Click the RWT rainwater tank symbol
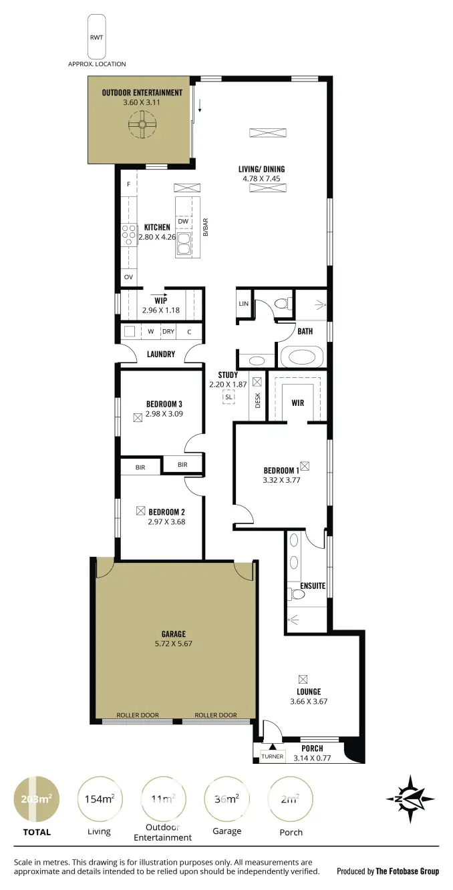pos(96,37)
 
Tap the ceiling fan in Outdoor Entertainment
pos(142,124)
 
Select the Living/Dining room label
pos(262,169)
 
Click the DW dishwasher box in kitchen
pos(183,221)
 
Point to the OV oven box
pos(128,276)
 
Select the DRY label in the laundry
pos(168,331)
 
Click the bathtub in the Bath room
pos(301,357)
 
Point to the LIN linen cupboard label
pos(243,304)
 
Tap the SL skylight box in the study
pos(229,397)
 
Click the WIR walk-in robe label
pos(297,403)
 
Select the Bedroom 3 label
pos(164,404)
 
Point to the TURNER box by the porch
pos(272,756)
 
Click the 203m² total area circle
pos(36,799)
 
